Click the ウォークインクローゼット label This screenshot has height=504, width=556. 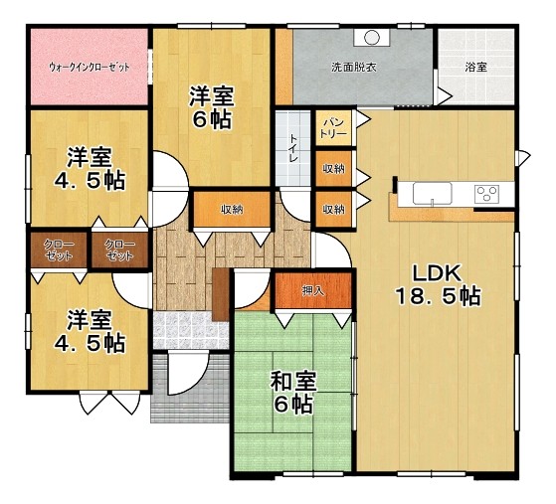coord(89,67)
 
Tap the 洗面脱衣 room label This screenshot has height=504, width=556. coord(353,67)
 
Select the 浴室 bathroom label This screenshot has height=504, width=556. coord(475,67)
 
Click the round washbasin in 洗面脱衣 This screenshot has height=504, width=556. coord(371,37)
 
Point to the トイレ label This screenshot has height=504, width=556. coord(294,148)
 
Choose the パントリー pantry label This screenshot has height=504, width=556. coord(333,128)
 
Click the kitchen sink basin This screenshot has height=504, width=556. coord(433,194)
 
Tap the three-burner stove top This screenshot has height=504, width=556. coord(487,194)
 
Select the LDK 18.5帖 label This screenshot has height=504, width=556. coord(438,284)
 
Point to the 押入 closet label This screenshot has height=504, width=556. coord(313,291)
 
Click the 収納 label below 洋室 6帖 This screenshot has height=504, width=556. coord(233,210)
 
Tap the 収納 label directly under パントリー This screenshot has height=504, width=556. coord(333,169)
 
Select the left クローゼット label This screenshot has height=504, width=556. coord(59,250)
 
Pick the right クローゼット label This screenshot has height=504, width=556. coord(119,250)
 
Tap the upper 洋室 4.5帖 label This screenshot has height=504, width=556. coord(90,168)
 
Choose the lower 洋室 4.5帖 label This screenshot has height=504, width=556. coord(90,331)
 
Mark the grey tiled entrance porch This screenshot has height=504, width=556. coord(190,388)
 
